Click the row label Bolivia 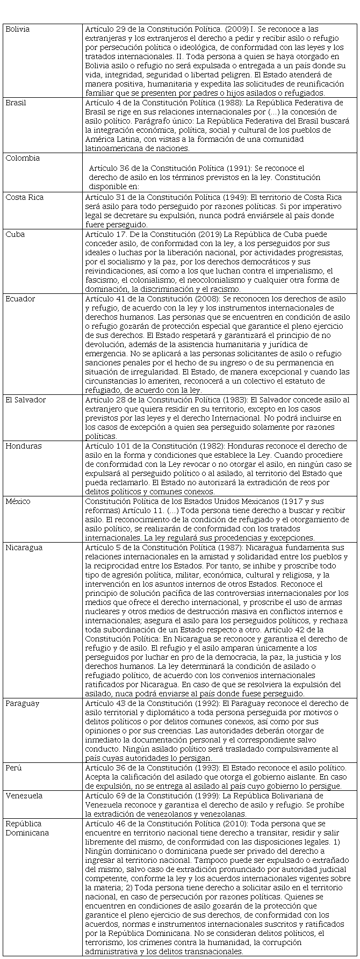18,29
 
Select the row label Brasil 16,103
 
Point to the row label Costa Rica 24,197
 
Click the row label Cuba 15,234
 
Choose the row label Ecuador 20,299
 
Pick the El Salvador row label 26,400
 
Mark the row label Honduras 22,446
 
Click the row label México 18,501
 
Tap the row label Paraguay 22,703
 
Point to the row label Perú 14,768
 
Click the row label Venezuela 24,796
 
